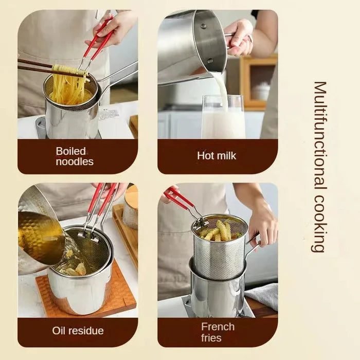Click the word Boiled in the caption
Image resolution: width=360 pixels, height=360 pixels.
pos(71,151)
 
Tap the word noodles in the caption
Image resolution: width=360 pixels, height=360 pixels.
pos(75,161)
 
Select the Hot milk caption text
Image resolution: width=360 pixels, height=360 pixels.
pos(217,155)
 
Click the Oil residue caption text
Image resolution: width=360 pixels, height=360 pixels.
pos(78,331)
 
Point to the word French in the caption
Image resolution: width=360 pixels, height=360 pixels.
pos(218,327)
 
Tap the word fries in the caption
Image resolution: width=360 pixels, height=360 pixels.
pos(211,338)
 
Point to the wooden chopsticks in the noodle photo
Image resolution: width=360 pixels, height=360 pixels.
pos(36,66)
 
